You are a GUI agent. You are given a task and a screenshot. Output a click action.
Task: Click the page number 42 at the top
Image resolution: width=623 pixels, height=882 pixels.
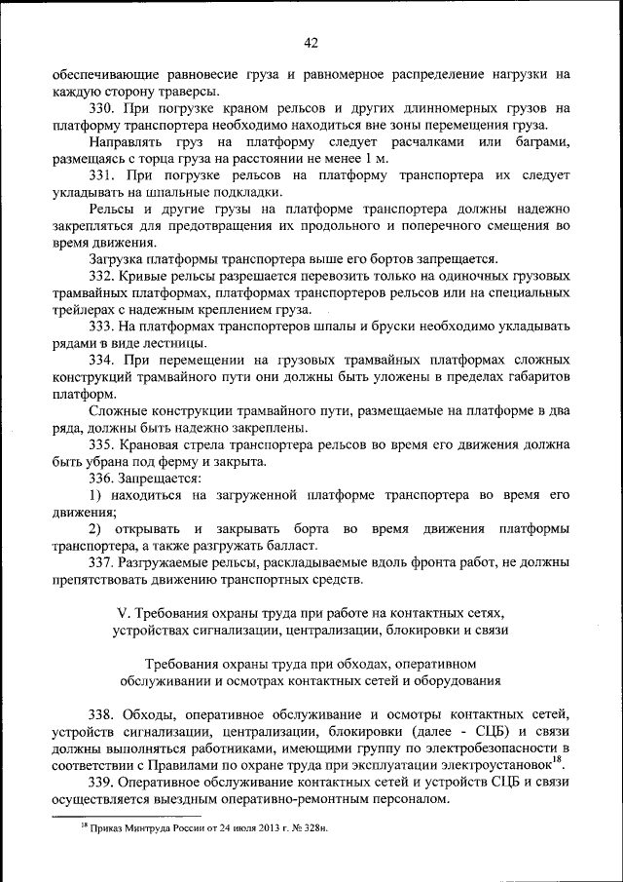point(311,42)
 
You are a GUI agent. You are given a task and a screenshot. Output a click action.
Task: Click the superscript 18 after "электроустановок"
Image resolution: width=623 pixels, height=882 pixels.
point(556,759)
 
